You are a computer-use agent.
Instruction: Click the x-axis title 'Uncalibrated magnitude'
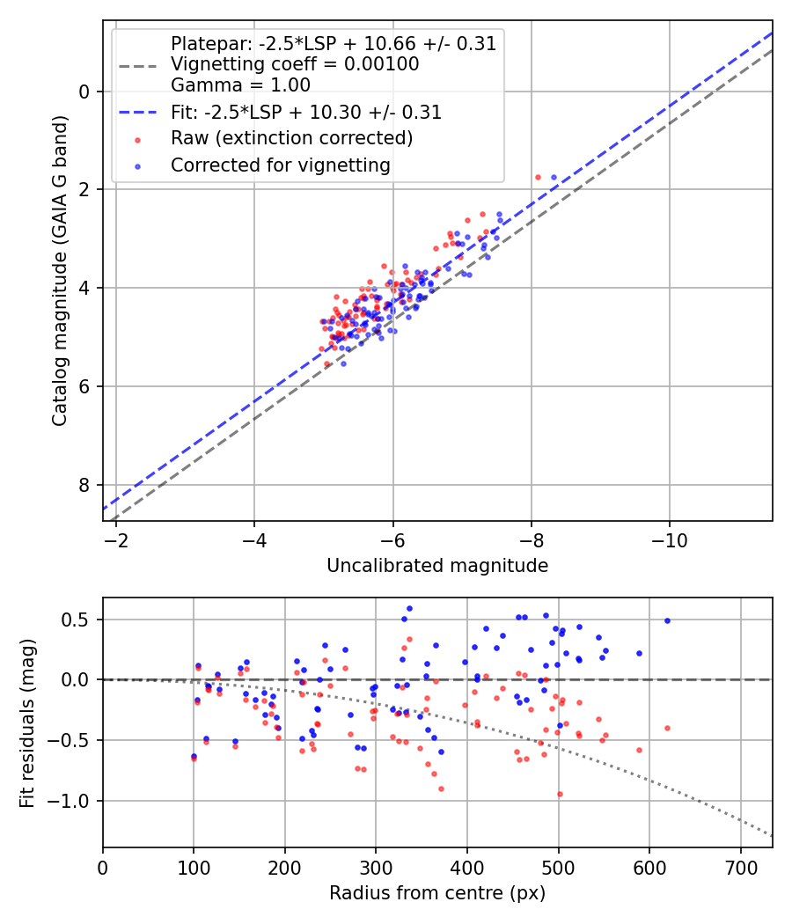pos(437,566)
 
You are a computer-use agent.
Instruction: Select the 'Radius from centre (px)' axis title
pos(437,893)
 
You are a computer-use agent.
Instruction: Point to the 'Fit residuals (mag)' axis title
pos(28,722)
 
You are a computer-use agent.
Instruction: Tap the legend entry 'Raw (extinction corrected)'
pos(291,138)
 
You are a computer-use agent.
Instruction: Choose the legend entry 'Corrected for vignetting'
pos(280,165)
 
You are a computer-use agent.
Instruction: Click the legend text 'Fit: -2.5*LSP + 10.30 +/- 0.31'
pos(305,112)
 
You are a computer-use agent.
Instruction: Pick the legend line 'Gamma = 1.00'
pos(240,85)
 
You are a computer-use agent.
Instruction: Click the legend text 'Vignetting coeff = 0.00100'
pos(295,64)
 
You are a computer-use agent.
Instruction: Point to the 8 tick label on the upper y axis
pos(85,485)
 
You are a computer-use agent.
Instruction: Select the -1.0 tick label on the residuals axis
pos(74,801)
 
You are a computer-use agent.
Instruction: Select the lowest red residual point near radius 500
pos(559,794)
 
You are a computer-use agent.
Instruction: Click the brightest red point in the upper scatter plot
pos(538,177)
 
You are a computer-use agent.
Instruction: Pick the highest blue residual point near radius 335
pos(409,608)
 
